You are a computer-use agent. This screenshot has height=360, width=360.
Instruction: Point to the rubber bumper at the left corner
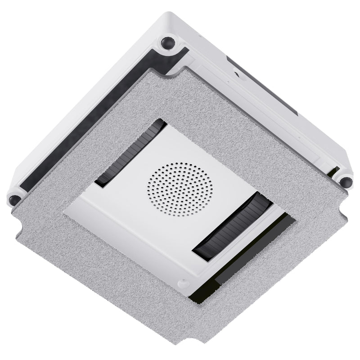(15, 198)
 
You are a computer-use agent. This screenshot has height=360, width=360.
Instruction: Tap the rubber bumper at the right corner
(346, 181)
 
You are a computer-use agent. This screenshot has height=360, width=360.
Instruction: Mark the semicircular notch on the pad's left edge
(18, 228)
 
